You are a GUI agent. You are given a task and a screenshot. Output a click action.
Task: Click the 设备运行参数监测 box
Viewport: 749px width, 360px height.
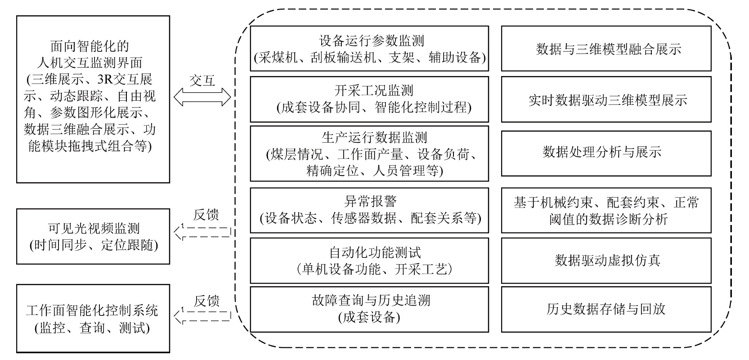pyautogui.click(x=369, y=49)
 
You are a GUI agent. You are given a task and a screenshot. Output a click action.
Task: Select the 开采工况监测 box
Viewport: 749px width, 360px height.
pyautogui.click(x=369, y=99)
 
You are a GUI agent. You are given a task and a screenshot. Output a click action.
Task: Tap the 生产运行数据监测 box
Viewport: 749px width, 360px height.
pyautogui.click(x=369, y=153)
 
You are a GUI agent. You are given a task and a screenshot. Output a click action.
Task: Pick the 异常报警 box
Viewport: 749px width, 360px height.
pyautogui.click(x=369, y=210)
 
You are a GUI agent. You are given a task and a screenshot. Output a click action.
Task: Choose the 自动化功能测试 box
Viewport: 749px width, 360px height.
pyautogui.click(x=369, y=261)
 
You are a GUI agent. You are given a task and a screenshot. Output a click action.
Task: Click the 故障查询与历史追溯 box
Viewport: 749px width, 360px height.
pyautogui.click(x=369, y=309)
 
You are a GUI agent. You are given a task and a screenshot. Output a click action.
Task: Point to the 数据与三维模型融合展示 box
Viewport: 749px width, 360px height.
pyautogui.click(x=606, y=49)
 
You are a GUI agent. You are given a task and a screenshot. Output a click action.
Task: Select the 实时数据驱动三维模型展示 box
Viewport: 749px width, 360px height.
pyautogui.click(x=606, y=99)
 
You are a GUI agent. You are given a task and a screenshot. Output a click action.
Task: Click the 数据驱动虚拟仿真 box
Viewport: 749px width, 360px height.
pyautogui.click(x=606, y=261)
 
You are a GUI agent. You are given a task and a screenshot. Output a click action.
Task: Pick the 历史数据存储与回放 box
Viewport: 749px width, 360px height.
pyautogui.click(x=606, y=309)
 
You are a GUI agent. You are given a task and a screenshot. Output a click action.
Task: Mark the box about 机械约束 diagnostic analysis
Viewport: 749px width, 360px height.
pyautogui.click(x=606, y=210)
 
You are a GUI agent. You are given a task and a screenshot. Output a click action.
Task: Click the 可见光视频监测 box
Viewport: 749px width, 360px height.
pyautogui.click(x=93, y=236)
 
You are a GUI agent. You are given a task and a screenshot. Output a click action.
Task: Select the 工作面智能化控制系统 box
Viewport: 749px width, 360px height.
pyautogui.click(x=93, y=319)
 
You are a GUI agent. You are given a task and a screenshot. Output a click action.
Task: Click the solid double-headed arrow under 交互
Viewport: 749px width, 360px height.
pyautogui.click(x=202, y=97)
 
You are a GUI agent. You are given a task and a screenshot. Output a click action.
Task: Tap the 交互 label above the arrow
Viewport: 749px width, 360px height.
pyautogui.click(x=202, y=81)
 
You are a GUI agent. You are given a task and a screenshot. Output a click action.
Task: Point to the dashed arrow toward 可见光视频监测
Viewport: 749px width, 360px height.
pyautogui.click(x=202, y=232)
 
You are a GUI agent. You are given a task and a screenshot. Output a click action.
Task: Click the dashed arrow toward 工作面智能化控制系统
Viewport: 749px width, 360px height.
pyautogui.click(x=202, y=315)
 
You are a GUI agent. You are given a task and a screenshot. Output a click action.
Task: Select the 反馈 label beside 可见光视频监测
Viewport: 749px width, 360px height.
pyautogui.click(x=206, y=215)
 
